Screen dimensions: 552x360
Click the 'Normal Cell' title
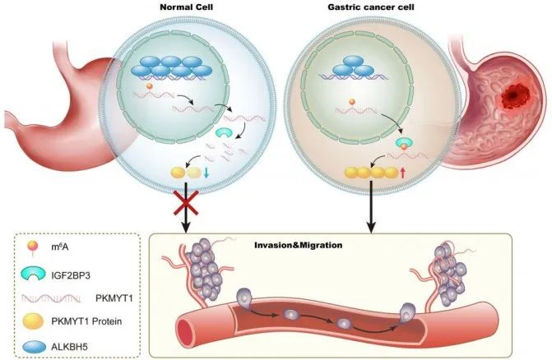pyautogui.click(x=186, y=7)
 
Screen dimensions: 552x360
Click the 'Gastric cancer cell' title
pyautogui.click(x=371, y=7)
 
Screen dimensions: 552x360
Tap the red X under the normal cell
pyautogui.click(x=186, y=202)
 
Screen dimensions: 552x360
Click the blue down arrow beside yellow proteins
pyautogui.click(x=206, y=173)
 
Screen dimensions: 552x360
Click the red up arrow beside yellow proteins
pyautogui.click(x=403, y=173)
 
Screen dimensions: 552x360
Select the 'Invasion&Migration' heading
pyautogui.click(x=298, y=245)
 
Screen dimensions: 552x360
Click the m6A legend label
pyautogui.click(x=60, y=247)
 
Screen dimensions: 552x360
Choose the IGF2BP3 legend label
pyautogui.click(x=71, y=275)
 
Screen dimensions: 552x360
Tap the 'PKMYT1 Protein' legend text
pyautogui.click(x=86, y=321)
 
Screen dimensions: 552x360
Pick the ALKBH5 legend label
pyautogui.click(x=69, y=347)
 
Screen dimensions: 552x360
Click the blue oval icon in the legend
pyautogui.click(x=35, y=347)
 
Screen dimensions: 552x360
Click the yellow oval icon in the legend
pyautogui.click(x=33, y=321)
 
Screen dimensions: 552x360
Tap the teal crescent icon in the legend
pyautogui.click(x=33, y=274)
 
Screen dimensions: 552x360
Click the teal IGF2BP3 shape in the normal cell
pyautogui.click(x=224, y=132)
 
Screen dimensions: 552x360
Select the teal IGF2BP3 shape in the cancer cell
pyautogui.click(x=405, y=141)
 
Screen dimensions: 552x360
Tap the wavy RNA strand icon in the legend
pyautogui.click(x=51, y=298)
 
